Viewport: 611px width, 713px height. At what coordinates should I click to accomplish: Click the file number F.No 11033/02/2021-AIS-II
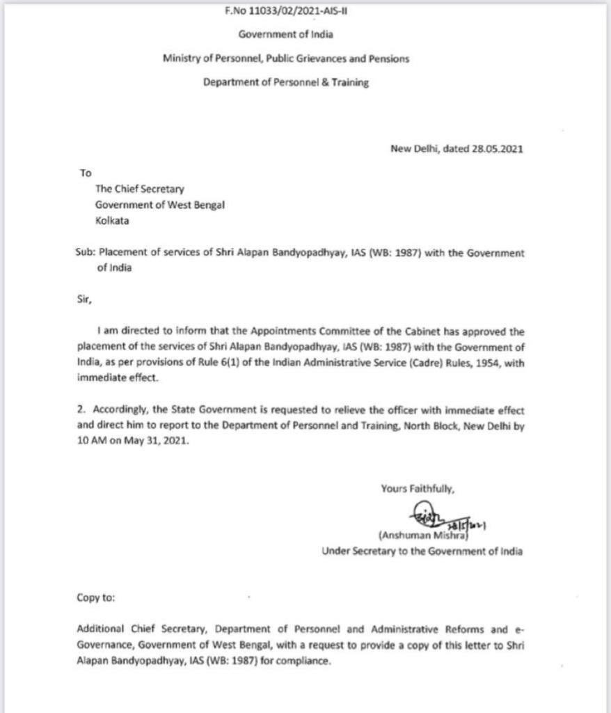[285, 11]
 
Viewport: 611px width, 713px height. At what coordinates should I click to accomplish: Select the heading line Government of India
[285, 34]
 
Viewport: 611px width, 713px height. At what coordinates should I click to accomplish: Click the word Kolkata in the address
[113, 221]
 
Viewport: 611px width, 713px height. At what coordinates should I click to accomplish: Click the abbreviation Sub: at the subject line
[86, 253]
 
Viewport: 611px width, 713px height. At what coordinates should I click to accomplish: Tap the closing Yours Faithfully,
[418, 489]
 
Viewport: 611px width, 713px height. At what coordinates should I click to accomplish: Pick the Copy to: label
[97, 597]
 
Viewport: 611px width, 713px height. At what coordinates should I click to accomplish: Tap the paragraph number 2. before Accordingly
[81, 411]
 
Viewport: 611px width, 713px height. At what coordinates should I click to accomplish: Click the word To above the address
[86, 173]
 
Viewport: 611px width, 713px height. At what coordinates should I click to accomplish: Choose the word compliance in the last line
[304, 661]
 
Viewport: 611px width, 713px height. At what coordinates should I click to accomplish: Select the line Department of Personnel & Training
[285, 82]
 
